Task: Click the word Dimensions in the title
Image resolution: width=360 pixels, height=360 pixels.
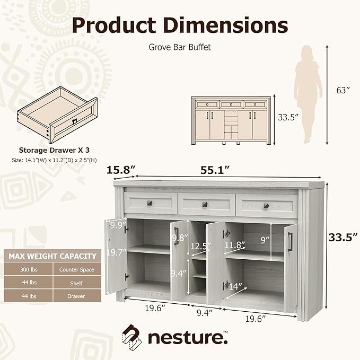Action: (226, 25)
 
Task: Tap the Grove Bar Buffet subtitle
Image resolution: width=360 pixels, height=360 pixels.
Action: (180, 47)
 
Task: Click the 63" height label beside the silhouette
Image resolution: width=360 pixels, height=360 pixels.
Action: (343, 90)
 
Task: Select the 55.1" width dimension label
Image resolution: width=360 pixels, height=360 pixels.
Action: (215, 170)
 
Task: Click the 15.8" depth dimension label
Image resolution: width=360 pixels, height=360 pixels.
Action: (121, 170)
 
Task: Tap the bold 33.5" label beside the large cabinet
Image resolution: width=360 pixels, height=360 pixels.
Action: (343, 237)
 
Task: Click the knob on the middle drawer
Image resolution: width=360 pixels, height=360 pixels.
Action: (205, 204)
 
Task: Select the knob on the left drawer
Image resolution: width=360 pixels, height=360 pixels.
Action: (150, 203)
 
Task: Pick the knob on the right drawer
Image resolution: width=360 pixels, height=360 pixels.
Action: (266, 206)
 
